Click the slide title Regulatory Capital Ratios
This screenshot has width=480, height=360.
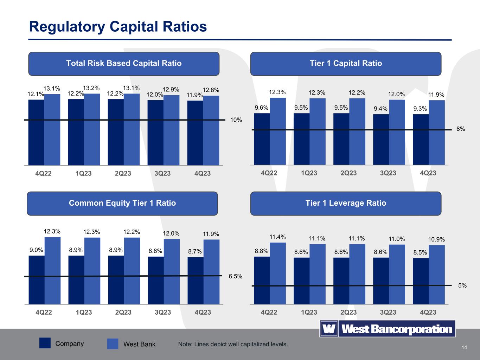[x=118, y=27]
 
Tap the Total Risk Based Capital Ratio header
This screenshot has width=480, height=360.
[x=124, y=64]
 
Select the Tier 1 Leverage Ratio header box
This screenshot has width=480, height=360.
[x=346, y=203]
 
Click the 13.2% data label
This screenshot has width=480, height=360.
[x=91, y=88]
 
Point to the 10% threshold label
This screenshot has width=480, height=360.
[x=236, y=120]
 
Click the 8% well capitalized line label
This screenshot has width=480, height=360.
[x=461, y=129]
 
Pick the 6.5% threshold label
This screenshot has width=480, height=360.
[x=235, y=276]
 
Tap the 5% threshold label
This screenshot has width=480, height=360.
[x=462, y=286]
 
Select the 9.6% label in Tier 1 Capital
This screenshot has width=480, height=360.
[x=262, y=108]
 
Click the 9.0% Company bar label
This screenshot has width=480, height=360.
[x=36, y=250]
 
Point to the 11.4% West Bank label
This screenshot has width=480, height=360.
[x=277, y=237]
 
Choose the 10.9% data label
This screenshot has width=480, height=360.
[x=436, y=239]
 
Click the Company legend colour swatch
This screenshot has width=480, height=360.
[x=45, y=343]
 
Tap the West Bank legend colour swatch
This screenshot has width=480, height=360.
[x=113, y=344]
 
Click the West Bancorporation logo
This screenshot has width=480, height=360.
[x=388, y=329]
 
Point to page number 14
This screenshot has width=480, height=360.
[x=464, y=348]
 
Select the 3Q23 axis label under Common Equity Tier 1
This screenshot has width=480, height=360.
[x=163, y=312]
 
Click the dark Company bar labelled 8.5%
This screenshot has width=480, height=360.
[x=421, y=281]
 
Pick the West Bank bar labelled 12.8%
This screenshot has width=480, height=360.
[x=211, y=130]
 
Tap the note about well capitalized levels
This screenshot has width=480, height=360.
[x=233, y=344]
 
